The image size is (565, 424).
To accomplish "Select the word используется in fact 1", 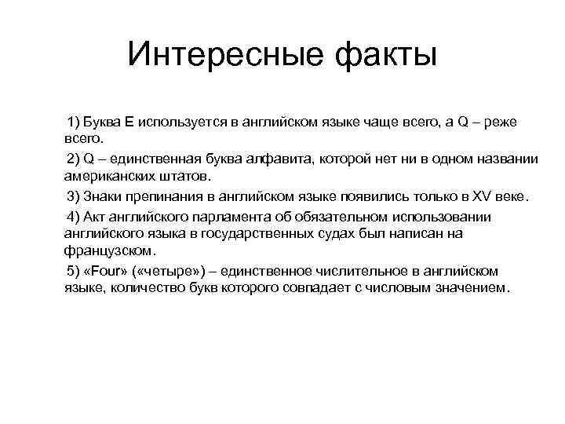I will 186,122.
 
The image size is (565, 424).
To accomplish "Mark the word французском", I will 108,251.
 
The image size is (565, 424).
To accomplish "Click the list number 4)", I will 75,216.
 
